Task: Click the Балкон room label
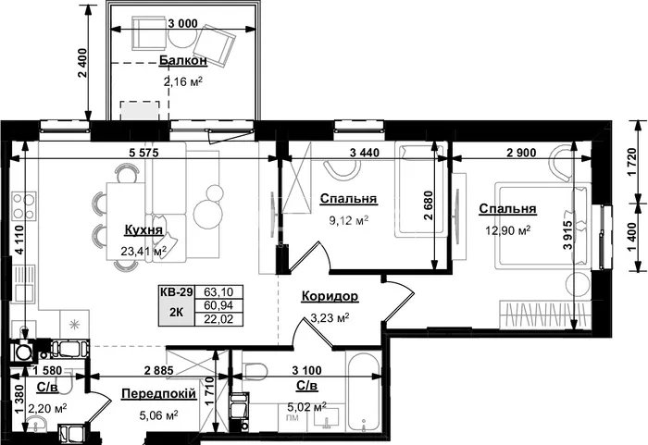(x=183, y=61)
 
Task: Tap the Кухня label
(x=143, y=230)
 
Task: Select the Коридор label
(x=330, y=296)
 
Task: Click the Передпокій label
(x=158, y=394)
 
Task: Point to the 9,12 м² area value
(x=348, y=220)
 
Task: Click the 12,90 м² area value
(x=508, y=230)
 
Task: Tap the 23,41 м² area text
(x=143, y=251)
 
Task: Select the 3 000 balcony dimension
(x=182, y=24)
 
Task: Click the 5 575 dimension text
(x=143, y=153)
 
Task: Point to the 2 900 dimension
(x=521, y=153)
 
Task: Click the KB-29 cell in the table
(x=177, y=292)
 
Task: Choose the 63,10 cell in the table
(x=218, y=292)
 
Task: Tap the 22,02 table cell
(x=218, y=319)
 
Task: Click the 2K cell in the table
(x=177, y=313)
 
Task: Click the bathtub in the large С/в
(x=364, y=391)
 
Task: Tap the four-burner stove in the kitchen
(x=24, y=205)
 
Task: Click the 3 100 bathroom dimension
(x=306, y=371)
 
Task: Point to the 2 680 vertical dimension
(x=429, y=205)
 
